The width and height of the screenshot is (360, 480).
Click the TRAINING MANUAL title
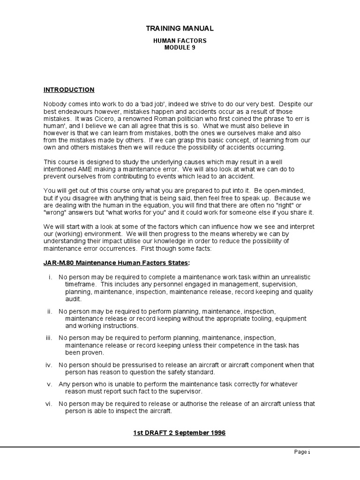tap(180, 29)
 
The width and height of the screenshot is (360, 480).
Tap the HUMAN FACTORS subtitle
tap(180, 41)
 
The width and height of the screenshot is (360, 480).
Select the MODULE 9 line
tap(180, 48)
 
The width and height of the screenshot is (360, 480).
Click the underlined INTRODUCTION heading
tap(69, 90)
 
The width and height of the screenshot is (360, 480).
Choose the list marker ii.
tap(49, 311)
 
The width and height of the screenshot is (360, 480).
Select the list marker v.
tap(49, 384)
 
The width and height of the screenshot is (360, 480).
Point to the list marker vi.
tap(49, 404)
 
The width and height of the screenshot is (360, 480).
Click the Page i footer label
tap(302, 452)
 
